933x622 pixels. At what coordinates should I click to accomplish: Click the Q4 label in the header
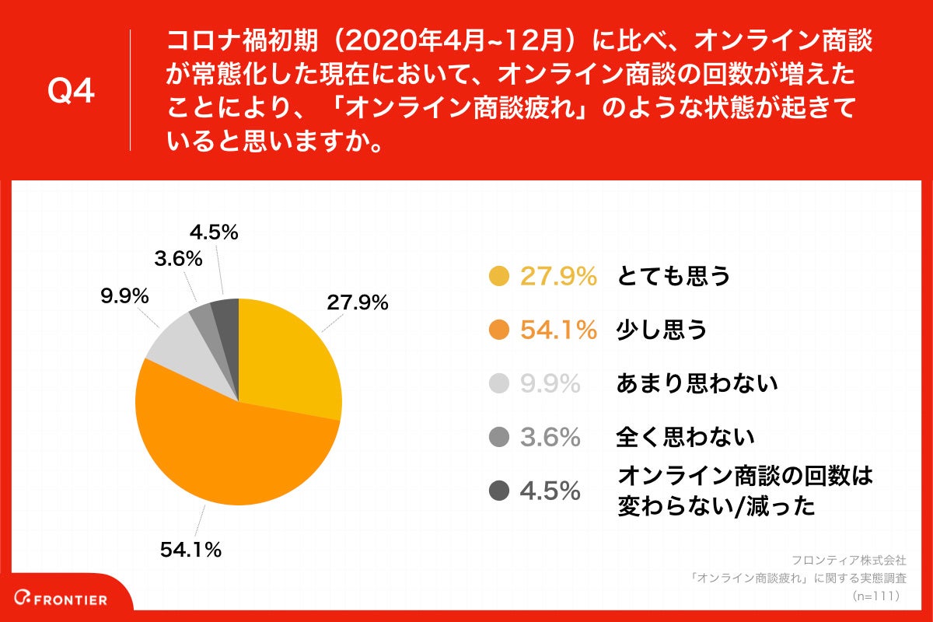(71, 92)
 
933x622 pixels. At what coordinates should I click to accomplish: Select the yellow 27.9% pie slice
(288, 358)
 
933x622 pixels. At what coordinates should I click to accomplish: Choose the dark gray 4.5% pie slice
(225, 311)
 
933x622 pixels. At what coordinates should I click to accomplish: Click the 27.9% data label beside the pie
(357, 303)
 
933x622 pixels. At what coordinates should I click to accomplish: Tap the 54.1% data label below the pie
(190, 550)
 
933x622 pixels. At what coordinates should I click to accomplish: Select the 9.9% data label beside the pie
(124, 296)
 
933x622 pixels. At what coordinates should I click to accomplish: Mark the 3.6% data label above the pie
(178, 258)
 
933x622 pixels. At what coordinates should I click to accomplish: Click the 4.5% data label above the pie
(214, 232)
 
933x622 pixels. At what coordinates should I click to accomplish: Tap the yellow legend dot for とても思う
(498, 276)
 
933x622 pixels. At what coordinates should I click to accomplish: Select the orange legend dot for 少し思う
(498, 330)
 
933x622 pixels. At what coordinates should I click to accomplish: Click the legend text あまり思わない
(697, 383)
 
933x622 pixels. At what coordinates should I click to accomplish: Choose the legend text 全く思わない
(685, 437)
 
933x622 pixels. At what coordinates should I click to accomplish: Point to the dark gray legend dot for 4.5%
(498, 491)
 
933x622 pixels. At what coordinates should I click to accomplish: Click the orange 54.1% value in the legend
(558, 330)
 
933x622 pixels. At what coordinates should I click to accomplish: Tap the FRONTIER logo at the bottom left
(65, 599)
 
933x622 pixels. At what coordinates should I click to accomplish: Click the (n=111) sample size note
(875, 596)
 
